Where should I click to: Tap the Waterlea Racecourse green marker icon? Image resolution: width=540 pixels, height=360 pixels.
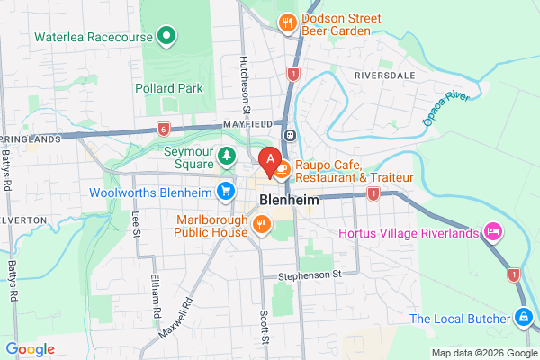point(166,36)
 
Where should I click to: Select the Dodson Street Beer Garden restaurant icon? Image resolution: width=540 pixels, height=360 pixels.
point(288,22)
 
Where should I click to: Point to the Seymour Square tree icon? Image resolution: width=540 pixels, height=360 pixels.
point(227,157)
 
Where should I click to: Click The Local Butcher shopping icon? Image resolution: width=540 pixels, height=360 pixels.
point(523,317)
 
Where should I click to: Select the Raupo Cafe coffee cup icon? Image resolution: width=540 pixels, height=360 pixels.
point(282,166)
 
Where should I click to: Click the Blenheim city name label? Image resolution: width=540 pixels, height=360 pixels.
point(289,200)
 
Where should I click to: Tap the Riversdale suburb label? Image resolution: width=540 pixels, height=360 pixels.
point(388,74)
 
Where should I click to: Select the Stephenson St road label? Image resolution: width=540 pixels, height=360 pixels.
point(311,274)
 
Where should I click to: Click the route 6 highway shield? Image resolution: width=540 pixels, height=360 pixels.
point(162,128)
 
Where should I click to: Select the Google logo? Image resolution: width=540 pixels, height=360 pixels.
point(31,348)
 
